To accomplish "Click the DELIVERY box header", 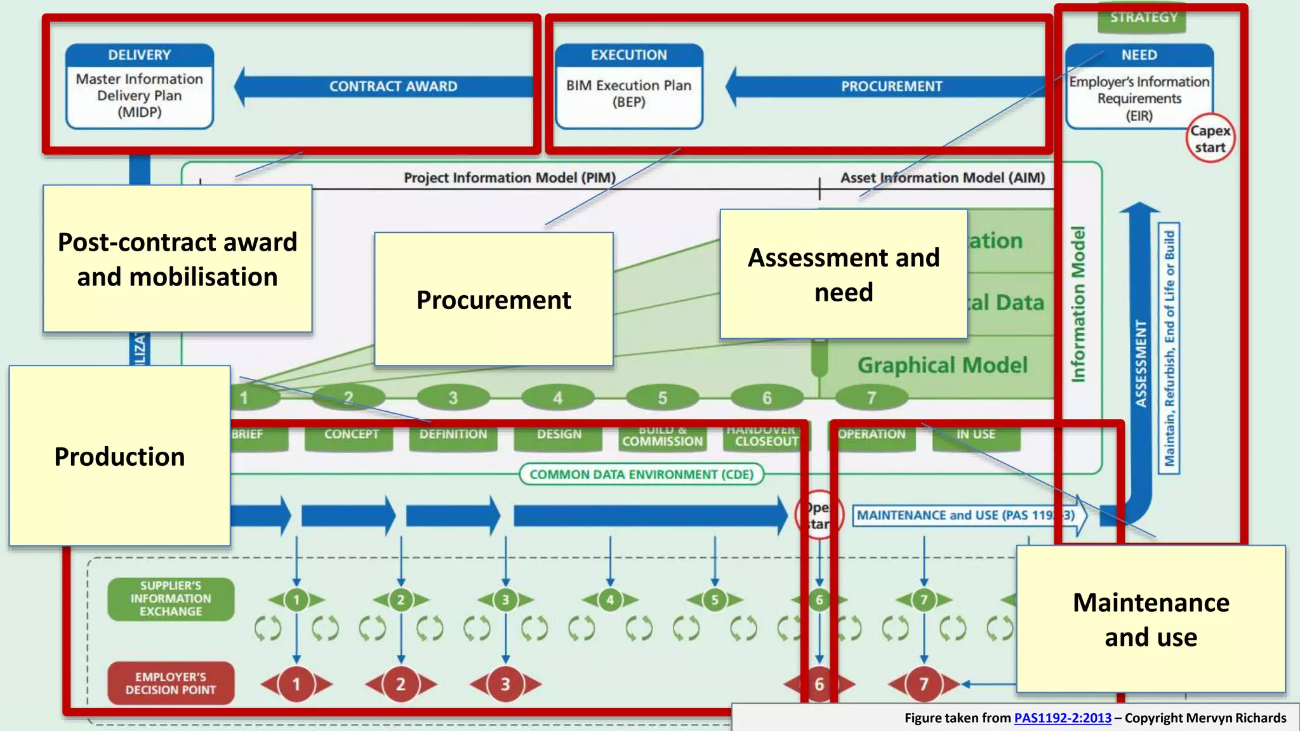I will pyautogui.click(x=139, y=55).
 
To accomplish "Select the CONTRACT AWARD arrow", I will pyautogui.click(x=392, y=86).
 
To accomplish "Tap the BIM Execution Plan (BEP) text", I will pyautogui.click(x=628, y=93).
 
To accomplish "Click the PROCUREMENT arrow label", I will pyautogui.click(x=891, y=86).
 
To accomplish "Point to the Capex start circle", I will pyautogui.click(x=1210, y=139).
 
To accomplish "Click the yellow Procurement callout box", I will pyautogui.click(x=493, y=300).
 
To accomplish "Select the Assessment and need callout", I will pyautogui.click(x=844, y=274).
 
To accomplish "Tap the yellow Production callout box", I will pyautogui.click(x=119, y=456).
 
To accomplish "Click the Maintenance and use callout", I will pyautogui.click(x=1150, y=619).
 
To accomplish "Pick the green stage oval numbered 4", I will pyautogui.click(x=557, y=398).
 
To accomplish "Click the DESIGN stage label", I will pyautogui.click(x=559, y=435).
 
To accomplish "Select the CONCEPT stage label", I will pyautogui.click(x=350, y=435).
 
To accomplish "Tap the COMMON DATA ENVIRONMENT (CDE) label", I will pyautogui.click(x=641, y=475).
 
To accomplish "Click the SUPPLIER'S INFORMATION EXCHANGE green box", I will pyautogui.click(x=171, y=598).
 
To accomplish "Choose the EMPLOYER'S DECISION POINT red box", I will pyautogui.click(x=171, y=683).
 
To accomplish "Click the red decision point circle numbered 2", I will pyautogui.click(x=401, y=684).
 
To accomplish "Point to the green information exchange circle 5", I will pyautogui.click(x=715, y=600).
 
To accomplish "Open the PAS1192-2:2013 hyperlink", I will pyautogui.click(x=1062, y=718).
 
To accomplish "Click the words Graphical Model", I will pyautogui.click(x=942, y=365).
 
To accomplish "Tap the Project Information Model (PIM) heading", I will pyautogui.click(x=510, y=178).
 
